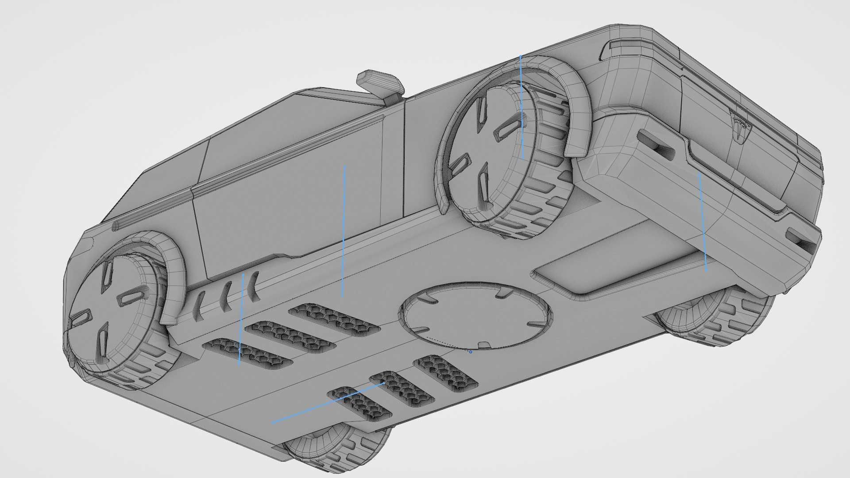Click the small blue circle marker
[x=471, y=352]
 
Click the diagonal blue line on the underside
[x=328, y=403]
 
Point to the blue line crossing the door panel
[x=344, y=230]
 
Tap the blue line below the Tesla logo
[x=703, y=221]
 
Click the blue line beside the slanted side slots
[x=241, y=319]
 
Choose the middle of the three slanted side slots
[x=227, y=294]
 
